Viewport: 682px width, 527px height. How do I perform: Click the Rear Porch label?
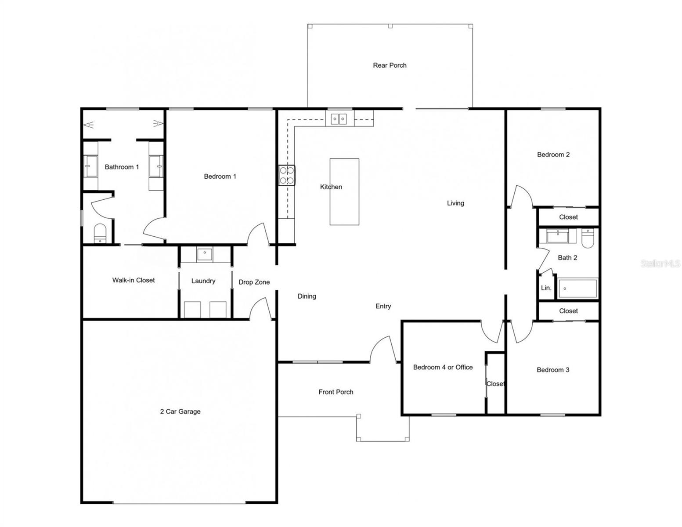tap(390, 65)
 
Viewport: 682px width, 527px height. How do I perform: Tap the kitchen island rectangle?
tap(344, 192)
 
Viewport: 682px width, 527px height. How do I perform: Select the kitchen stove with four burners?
tap(287, 175)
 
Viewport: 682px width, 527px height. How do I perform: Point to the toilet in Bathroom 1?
tap(100, 233)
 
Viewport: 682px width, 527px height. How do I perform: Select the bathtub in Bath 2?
tap(577, 289)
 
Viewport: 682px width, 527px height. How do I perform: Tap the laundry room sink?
tap(205, 254)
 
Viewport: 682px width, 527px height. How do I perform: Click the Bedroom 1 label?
tap(220, 177)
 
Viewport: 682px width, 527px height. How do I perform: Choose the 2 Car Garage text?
tap(180, 411)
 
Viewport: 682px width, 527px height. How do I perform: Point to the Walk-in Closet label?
tap(134, 280)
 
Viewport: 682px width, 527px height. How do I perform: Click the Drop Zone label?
tap(254, 282)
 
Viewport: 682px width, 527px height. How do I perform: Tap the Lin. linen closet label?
tap(546, 288)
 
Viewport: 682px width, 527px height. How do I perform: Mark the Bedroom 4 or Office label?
tap(443, 367)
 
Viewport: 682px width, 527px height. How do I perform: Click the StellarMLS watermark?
tap(660, 263)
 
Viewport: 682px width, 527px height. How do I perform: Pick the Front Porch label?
tap(336, 392)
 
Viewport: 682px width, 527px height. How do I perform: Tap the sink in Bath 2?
tap(557, 236)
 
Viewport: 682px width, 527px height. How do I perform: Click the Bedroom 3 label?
tap(553, 370)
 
